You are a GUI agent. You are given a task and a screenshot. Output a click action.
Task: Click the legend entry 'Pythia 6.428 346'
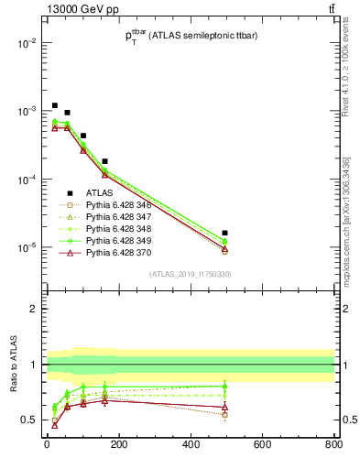[118, 205]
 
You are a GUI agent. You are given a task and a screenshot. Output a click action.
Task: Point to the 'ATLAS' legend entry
[98, 193]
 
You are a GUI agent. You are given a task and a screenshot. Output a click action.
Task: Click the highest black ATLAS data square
[55, 105]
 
